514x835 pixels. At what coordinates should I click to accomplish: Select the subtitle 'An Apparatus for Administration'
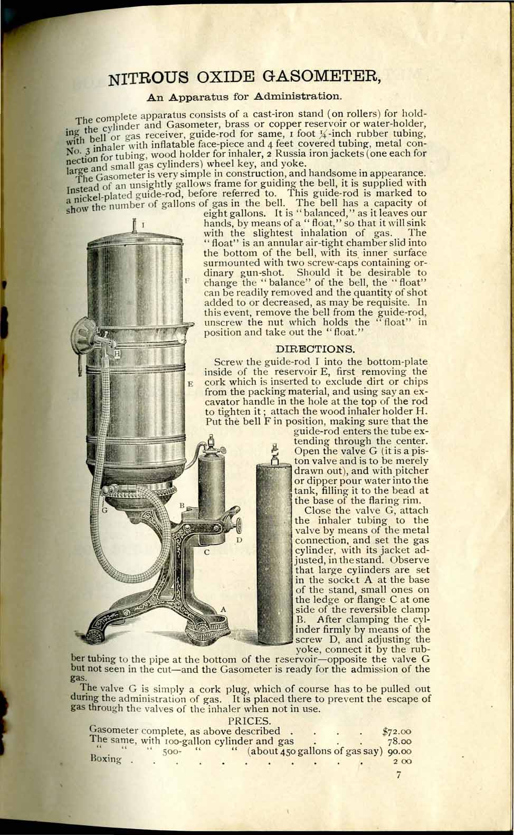coord(244,97)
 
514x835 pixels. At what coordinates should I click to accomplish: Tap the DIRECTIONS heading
coord(316,349)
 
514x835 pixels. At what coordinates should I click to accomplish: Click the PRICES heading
coord(250,720)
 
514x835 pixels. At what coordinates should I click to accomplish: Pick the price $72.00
coord(396,732)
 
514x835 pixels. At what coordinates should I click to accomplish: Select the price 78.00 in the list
coord(399,742)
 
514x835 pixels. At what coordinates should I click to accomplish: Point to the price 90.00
coord(399,752)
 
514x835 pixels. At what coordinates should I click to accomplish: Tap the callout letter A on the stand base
coord(223,609)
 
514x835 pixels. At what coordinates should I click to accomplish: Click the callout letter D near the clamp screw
coord(239,540)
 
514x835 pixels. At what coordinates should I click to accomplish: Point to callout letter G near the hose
coord(104,510)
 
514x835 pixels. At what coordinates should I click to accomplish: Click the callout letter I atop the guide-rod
coord(144,228)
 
